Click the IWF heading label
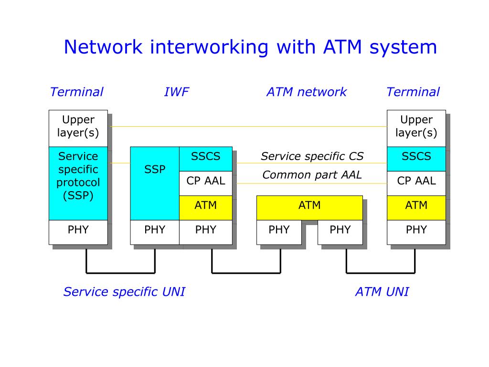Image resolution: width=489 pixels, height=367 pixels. point(177,92)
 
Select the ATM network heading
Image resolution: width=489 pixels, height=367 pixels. point(307,92)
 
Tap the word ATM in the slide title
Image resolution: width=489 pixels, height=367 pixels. point(342,47)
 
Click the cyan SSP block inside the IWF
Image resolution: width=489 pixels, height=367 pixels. point(155,183)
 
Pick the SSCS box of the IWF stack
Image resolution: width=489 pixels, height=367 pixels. point(206,159)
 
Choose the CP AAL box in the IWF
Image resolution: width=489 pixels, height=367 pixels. point(206,183)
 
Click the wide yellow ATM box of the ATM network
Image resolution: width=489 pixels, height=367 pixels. point(309,208)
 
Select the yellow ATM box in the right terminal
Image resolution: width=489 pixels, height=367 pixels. point(416,208)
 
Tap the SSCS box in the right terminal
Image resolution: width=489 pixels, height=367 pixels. point(416,159)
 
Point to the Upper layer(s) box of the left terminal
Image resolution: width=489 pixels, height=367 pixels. point(78,129)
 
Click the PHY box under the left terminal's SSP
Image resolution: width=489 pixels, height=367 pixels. point(78,233)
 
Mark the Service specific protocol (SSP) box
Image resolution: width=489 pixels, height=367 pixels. point(78,183)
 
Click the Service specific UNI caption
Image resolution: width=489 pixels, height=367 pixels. point(124,292)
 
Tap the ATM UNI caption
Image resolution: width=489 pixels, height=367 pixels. point(382,292)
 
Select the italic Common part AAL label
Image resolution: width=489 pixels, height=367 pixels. point(312,175)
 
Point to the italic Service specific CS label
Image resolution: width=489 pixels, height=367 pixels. point(312,156)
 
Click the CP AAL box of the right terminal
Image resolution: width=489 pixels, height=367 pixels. point(416,183)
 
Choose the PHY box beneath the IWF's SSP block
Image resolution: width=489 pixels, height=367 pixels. point(155,233)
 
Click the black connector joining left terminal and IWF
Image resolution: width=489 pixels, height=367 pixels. point(121,273)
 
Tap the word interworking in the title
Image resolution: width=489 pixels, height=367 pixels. point(209,48)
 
